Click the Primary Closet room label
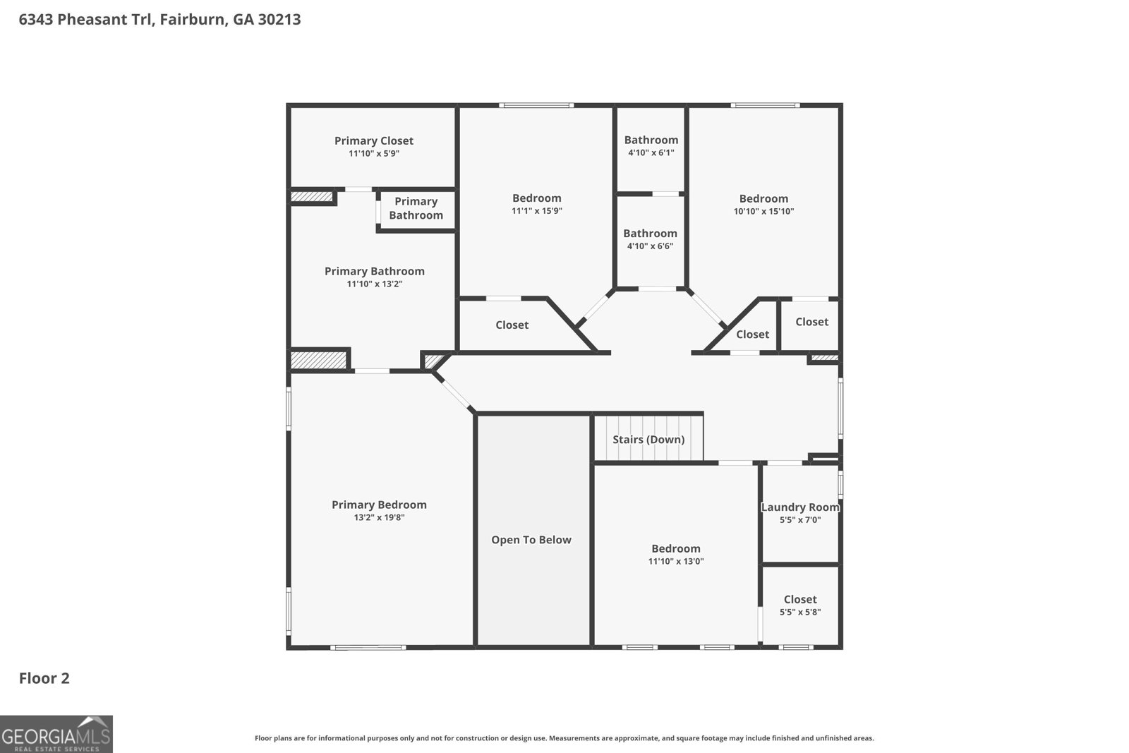(374, 141)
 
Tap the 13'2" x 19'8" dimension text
(379, 517)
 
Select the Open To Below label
(531, 540)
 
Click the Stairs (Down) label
(648, 440)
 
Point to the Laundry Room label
(800, 507)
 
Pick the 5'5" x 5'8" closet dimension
(800, 613)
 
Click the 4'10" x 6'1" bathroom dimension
(651, 152)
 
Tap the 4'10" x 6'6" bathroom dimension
(650, 246)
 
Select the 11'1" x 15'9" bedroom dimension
(537, 211)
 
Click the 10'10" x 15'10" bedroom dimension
(763, 211)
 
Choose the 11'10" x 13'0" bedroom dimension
(676, 562)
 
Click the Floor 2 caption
(44, 679)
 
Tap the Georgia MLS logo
(56, 735)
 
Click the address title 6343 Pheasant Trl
(159, 20)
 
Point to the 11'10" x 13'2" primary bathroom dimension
(375, 284)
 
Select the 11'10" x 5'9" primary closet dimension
(374, 153)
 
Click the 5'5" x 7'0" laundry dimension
(800, 520)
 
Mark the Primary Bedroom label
(379, 505)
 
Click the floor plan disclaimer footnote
(564, 738)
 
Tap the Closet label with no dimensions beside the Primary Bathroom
(512, 325)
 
